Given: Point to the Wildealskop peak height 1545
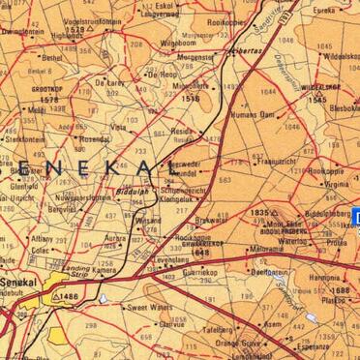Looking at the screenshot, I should tap(317, 100).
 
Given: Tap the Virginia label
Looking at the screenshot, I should tap(335, 183).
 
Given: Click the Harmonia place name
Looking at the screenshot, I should tap(324, 277).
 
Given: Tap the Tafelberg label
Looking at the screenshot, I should tap(218, 330).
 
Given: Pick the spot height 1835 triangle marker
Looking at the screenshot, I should tap(274, 211).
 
